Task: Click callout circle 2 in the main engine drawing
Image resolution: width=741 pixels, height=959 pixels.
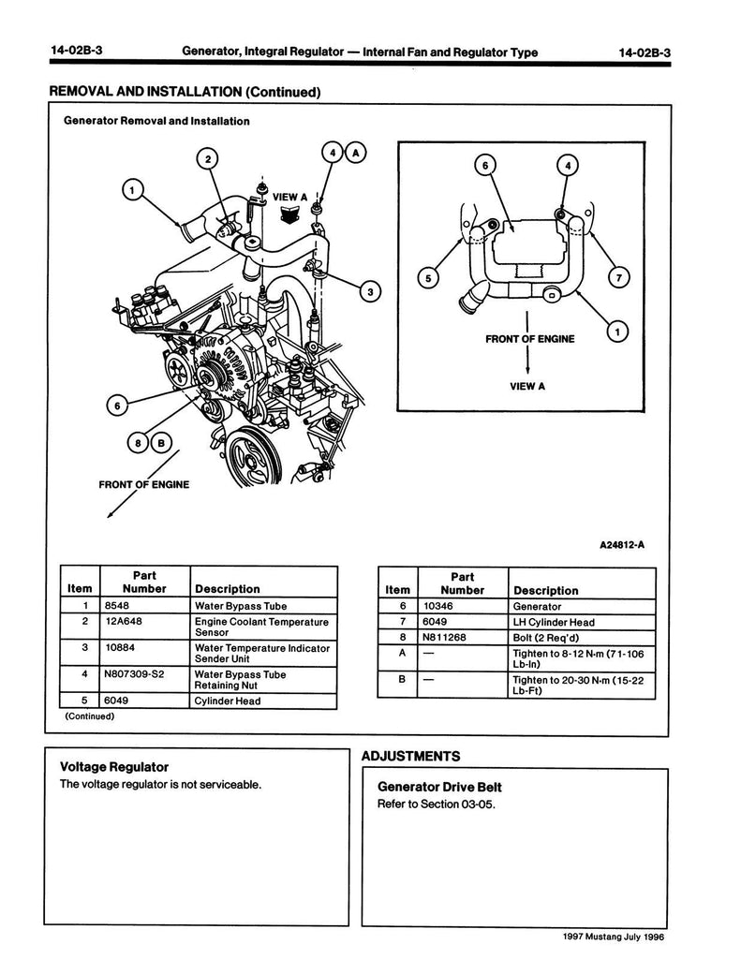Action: point(208,159)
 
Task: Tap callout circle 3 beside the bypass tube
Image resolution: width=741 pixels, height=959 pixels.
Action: point(370,292)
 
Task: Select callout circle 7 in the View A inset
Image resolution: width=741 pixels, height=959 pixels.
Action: point(618,277)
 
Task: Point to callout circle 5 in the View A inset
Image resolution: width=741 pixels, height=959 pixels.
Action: point(428,278)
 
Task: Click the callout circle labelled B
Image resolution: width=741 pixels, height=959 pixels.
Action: point(161,443)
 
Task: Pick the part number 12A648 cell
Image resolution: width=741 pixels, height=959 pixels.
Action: point(144,627)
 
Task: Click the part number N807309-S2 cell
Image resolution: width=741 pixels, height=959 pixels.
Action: point(144,680)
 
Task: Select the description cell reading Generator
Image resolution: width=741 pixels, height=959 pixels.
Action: point(582,606)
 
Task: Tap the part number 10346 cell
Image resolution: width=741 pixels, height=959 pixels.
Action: point(463,606)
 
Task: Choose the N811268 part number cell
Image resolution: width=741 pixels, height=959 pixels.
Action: point(463,637)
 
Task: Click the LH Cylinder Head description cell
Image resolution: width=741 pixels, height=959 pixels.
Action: point(582,622)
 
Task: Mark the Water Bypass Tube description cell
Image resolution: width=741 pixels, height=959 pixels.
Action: point(264,606)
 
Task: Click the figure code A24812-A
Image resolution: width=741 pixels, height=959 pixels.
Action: point(622,544)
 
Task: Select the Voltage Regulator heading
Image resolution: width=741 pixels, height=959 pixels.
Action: point(114,766)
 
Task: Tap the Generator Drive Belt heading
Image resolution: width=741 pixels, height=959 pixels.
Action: point(439,787)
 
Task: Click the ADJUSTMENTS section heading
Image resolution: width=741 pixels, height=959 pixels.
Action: point(410,756)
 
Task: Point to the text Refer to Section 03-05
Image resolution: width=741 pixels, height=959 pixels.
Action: point(437,804)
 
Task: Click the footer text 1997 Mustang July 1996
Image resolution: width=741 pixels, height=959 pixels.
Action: point(613,937)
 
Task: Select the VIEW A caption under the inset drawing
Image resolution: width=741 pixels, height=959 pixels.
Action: point(526,386)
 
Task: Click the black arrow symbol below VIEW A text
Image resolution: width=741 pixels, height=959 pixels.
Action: point(289,214)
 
